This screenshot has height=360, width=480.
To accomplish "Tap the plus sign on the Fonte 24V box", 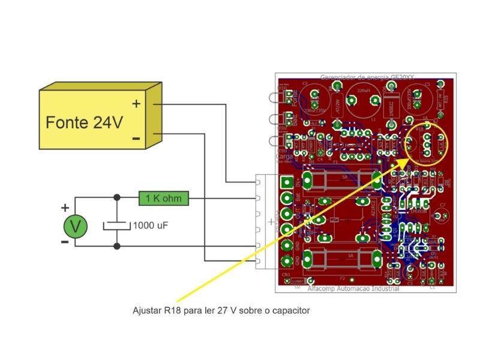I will point(137,104).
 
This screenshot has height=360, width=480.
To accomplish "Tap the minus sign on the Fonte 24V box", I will point(136,139).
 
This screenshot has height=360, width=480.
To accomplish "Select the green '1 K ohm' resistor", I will point(164,197).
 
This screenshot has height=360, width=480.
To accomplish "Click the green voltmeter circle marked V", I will point(76,226).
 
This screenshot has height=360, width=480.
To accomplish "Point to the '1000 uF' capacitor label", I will point(149,226).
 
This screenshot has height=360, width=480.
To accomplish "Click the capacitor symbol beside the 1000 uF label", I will point(116,226).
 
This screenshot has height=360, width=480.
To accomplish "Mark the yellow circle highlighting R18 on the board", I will point(427,144).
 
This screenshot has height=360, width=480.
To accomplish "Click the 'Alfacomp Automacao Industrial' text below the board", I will point(353,289).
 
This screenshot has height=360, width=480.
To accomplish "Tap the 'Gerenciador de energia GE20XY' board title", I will point(367,77).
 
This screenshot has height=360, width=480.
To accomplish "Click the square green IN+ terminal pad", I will point(287,182).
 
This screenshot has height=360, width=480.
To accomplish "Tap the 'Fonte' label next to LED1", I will point(295,95).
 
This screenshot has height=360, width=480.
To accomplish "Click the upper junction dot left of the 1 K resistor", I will point(116,197).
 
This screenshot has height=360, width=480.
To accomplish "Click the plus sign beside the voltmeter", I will point(65,208).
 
